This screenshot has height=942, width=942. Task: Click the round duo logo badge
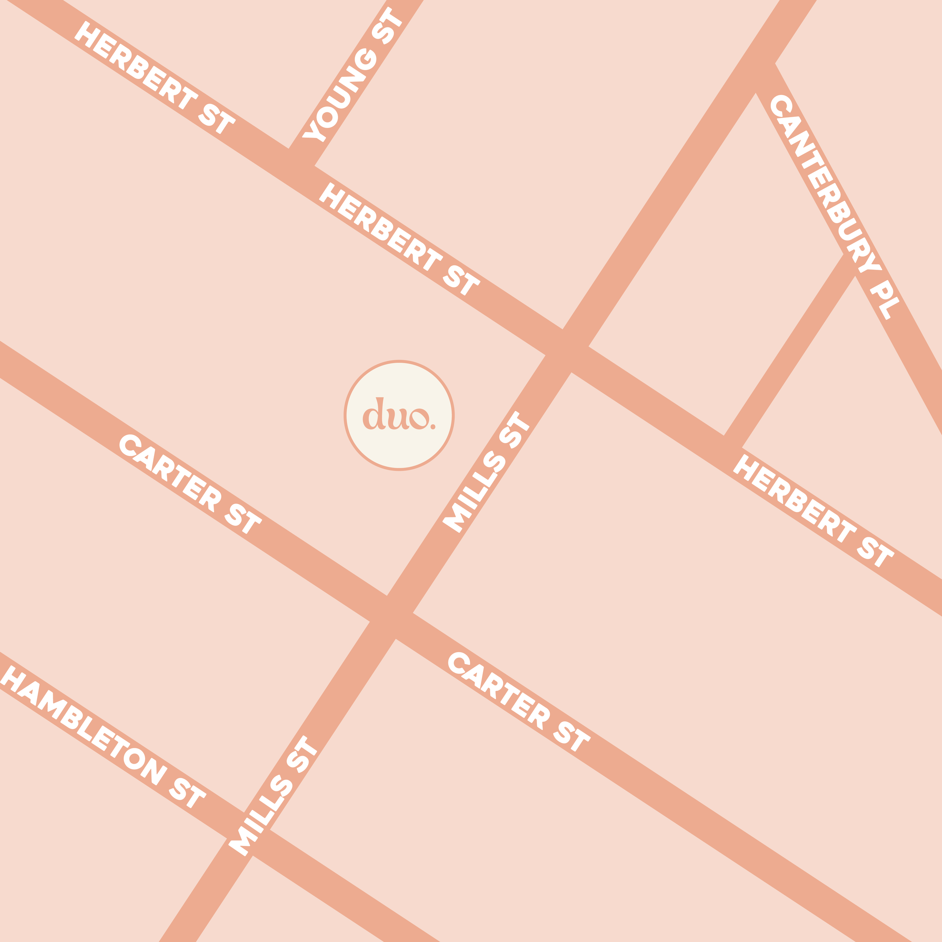point(399,415)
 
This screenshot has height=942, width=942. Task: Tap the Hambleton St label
point(102,737)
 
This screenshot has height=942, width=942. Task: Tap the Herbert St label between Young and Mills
point(400,239)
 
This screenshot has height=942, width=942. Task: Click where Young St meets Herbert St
point(301,157)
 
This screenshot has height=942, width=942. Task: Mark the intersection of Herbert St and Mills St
point(567,350)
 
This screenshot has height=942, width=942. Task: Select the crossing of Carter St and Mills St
point(391,617)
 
